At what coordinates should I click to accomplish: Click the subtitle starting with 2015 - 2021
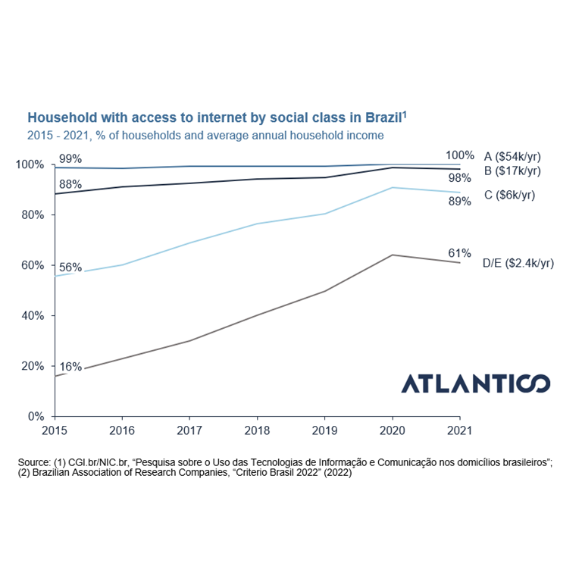pos(205,135)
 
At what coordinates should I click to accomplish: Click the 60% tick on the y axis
pos(33,265)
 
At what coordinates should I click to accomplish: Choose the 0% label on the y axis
pos(36,416)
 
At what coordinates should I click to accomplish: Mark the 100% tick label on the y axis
pos(30,164)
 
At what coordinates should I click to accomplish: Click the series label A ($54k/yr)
pos(512,156)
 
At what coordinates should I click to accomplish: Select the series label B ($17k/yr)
pos(512,170)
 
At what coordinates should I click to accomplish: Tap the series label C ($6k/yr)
pos(508,195)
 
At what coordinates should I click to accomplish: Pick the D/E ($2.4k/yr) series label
pos(518,263)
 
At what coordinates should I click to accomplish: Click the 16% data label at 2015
pos(70,367)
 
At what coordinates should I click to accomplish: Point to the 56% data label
pos(70,267)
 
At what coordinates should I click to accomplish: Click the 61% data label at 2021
pos(459,252)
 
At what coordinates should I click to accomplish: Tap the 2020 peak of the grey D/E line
pos(392,255)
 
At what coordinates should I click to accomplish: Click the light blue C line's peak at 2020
pos(392,187)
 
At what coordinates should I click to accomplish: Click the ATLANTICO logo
pos(475,383)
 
